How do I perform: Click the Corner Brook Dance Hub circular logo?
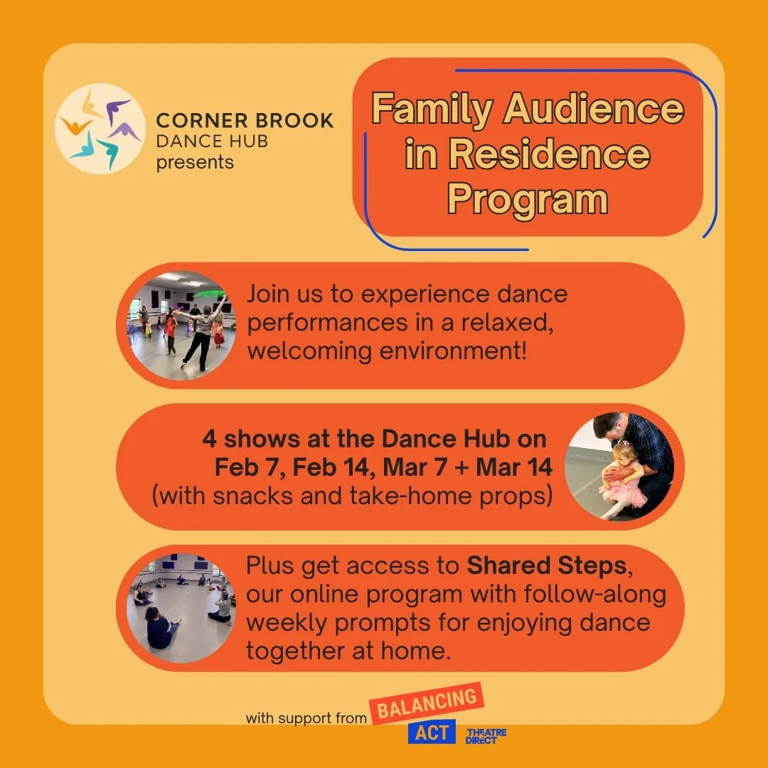100,129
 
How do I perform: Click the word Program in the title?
527,200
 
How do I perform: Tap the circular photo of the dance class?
181,325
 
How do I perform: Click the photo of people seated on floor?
181,608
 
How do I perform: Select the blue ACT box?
432,732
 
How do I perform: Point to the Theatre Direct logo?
486,736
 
